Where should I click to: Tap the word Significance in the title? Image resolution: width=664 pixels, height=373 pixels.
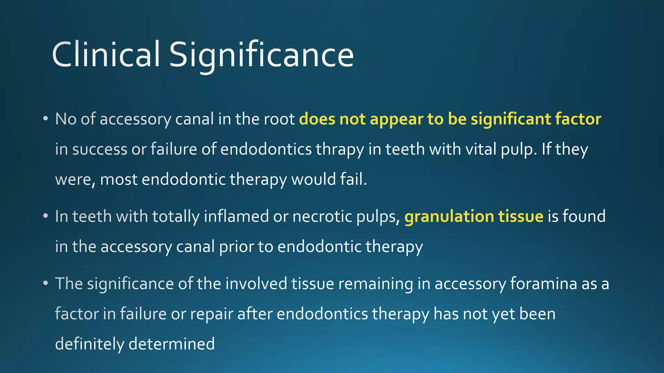pos(261,55)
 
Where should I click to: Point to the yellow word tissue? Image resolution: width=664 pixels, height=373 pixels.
pos(521,216)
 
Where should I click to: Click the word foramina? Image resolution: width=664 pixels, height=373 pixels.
pos(543,283)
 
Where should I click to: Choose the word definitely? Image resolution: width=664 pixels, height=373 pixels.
pos(89,344)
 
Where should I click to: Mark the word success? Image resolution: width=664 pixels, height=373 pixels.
pos(100,150)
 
